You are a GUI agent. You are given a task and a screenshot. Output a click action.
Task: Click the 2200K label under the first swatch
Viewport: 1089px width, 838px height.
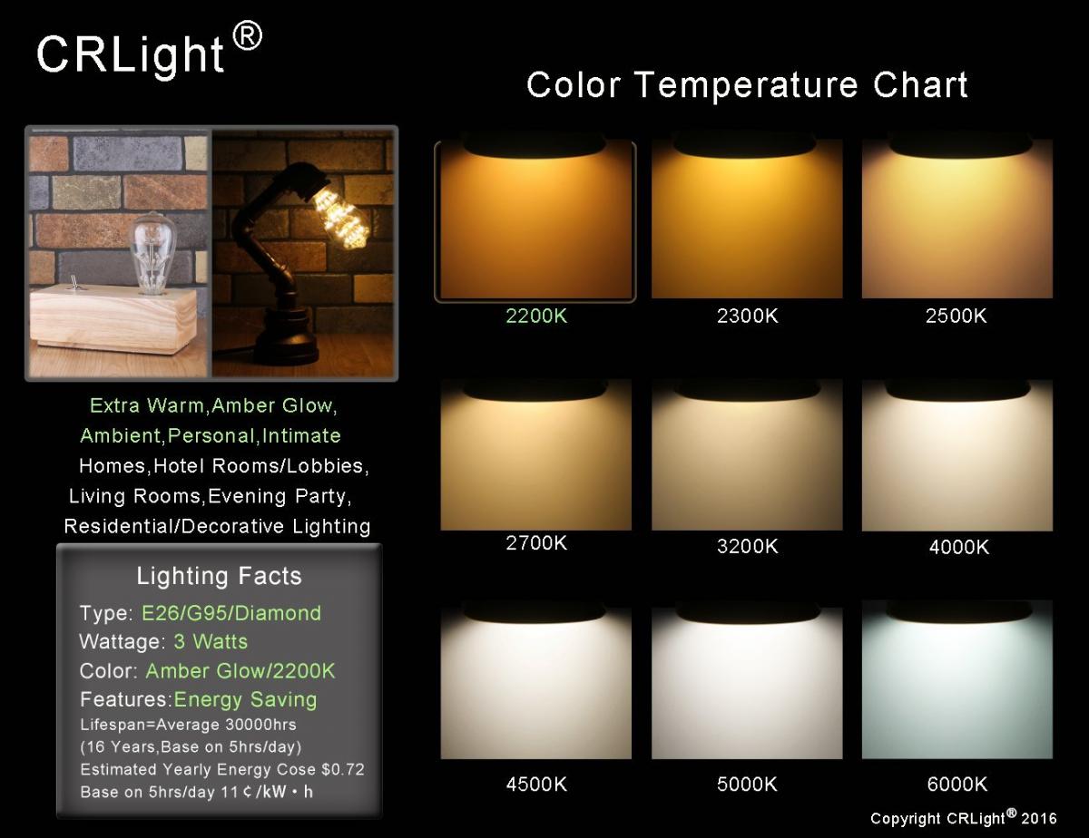pyautogui.click(x=536, y=316)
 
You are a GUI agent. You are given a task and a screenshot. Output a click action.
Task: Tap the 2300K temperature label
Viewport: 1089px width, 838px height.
pyautogui.click(x=747, y=316)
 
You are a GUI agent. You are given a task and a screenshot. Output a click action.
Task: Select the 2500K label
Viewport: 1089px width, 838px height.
pyautogui.click(x=957, y=316)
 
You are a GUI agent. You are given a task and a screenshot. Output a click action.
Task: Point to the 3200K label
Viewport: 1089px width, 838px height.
pyautogui.click(x=747, y=546)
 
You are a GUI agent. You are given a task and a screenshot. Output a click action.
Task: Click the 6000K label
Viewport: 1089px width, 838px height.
pyautogui.click(x=957, y=784)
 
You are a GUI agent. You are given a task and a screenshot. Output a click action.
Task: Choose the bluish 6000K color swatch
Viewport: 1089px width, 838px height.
pyautogui.click(x=957, y=680)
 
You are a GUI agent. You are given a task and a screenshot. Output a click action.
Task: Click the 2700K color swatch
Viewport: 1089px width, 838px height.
pyautogui.click(x=535, y=455)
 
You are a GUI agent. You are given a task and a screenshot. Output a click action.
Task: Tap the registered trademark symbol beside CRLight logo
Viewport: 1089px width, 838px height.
pyautogui.click(x=248, y=36)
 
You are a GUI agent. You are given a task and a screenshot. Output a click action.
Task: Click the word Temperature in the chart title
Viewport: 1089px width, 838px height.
pyautogui.click(x=747, y=85)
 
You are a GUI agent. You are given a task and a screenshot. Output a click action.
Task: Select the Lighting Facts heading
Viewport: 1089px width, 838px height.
pyautogui.click(x=219, y=576)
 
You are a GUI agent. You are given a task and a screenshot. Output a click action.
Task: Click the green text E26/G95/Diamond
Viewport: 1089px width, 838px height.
pyautogui.click(x=231, y=613)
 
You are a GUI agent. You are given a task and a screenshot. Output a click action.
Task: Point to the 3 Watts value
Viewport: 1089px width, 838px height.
pyautogui.click(x=211, y=642)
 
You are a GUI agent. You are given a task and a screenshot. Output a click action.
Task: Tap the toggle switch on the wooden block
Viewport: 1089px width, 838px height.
pyautogui.click(x=74, y=284)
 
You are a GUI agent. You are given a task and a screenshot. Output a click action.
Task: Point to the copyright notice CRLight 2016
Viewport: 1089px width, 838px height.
pyautogui.click(x=964, y=817)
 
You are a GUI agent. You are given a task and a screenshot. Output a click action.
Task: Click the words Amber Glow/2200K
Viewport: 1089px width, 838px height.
pyautogui.click(x=240, y=671)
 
